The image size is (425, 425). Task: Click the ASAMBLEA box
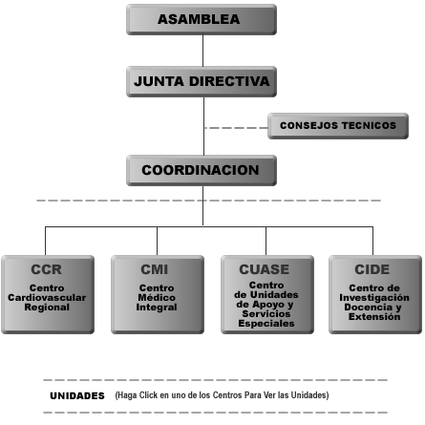(202, 19)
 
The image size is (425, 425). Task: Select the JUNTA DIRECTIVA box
(202, 81)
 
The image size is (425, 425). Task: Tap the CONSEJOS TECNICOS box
(338, 126)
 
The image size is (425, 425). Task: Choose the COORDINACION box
(202, 170)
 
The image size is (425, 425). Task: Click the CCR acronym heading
(47, 269)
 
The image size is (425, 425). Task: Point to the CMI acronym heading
(155, 269)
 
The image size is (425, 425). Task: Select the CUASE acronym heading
(265, 269)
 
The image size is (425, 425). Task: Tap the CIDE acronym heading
(372, 269)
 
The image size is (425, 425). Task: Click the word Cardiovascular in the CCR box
(47, 298)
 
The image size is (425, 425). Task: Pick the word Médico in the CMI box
(157, 298)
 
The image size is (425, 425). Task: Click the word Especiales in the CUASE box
(266, 324)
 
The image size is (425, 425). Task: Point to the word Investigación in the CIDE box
(374, 298)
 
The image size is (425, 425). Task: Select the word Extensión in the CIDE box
(374, 317)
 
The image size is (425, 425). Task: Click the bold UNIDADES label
(77, 395)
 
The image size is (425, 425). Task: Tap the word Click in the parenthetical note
(148, 395)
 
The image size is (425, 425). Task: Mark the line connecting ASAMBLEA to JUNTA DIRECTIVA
(202, 51)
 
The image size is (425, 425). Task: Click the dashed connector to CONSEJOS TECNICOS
(236, 128)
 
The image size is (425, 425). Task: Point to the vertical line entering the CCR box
(45, 241)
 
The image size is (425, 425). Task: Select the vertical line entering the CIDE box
(372, 241)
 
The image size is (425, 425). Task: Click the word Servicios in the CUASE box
(266, 314)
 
